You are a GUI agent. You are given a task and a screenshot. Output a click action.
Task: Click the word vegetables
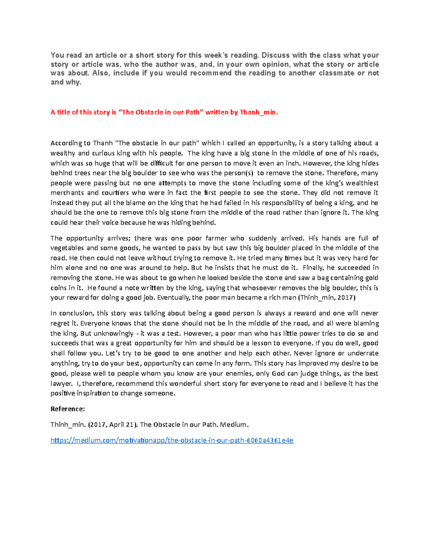click(67, 248)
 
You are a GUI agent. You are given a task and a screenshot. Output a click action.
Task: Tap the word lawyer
click(61, 383)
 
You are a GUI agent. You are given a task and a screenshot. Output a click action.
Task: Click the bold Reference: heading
click(68, 409)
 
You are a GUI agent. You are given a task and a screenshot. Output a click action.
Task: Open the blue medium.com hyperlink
click(172, 440)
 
